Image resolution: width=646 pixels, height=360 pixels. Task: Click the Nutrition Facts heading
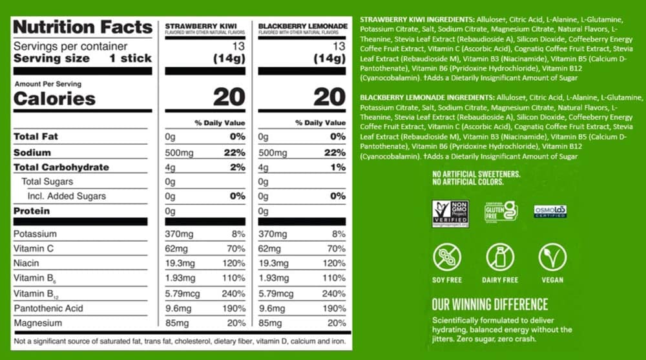[82, 27]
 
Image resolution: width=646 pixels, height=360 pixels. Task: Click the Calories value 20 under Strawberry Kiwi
[229, 98]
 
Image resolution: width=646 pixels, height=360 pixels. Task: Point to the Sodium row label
[32, 153]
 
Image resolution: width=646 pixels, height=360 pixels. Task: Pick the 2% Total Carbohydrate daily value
[236, 167]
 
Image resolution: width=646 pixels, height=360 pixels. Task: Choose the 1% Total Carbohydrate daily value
[337, 167]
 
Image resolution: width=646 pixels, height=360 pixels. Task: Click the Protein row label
[32, 211]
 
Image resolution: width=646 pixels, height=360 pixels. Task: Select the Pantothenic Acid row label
[48, 308]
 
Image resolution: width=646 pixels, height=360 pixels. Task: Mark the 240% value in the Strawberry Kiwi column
[234, 293]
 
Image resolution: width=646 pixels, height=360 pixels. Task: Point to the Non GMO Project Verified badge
[450, 213]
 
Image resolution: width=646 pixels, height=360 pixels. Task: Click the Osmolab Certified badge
[550, 211]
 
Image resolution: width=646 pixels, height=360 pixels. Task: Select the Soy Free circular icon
[447, 257]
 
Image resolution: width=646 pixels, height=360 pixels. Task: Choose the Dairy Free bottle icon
[500, 257]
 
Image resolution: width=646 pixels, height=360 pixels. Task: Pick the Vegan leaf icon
[552, 257]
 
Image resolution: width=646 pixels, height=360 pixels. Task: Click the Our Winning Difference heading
[490, 304]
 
